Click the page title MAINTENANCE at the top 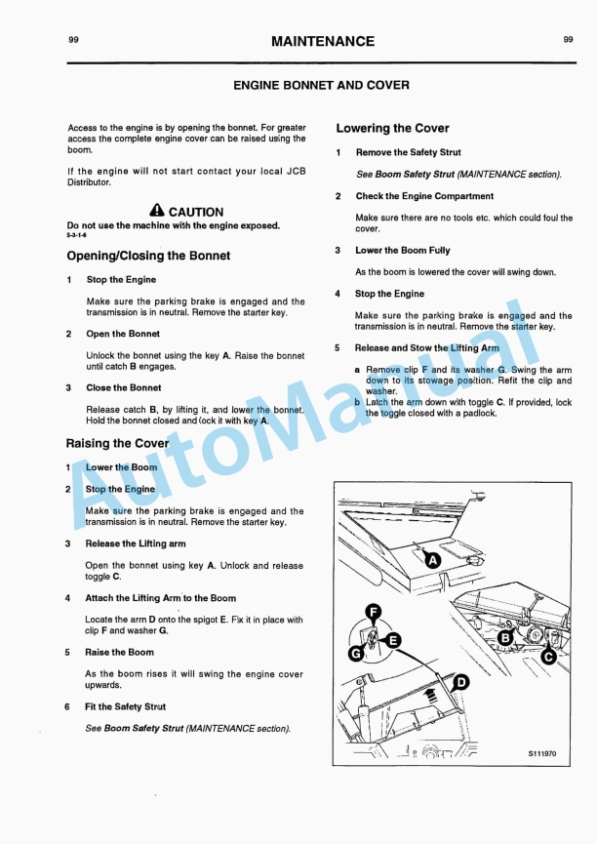[322, 41]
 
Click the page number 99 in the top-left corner [74, 40]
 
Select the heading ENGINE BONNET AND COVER [321, 85]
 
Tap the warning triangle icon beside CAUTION [157, 211]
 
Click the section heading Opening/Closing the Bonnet [148, 256]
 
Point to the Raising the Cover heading [117, 443]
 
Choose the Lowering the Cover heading [392, 128]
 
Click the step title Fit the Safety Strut [125, 706]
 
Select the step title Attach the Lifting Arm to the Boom [160, 598]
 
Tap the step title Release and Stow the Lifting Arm [426, 348]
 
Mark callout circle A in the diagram [432, 560]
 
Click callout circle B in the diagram [506, 638]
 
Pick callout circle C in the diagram [548, 657]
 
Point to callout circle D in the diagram [461, 682]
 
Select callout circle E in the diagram [393, 641]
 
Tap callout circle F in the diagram [373, 612]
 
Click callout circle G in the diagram [357, 652]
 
